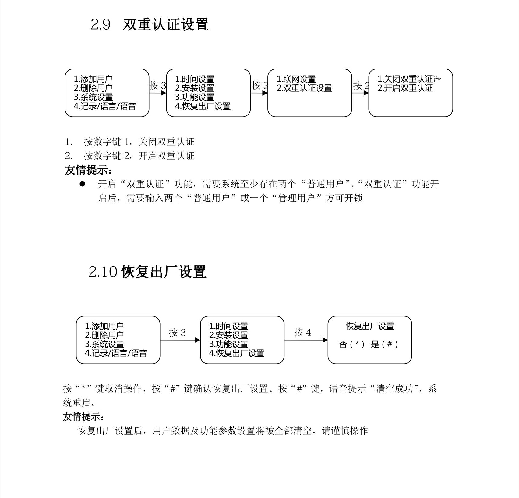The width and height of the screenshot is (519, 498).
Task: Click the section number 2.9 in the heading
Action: click(x=100, y=24)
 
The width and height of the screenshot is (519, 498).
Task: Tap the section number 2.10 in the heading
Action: click(x=103, y=272)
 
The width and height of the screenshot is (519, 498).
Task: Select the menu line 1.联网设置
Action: click(x=296, y=79)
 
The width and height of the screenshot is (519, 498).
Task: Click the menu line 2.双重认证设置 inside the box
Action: click(x=304, y=88)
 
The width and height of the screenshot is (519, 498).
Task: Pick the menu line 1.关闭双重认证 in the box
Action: click(x=405, y=79)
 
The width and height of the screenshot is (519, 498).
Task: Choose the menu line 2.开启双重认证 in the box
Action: click(x=405, y=88)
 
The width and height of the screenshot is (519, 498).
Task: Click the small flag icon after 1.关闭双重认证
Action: click(x=437, y=79)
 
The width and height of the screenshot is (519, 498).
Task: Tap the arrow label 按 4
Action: click(x=302, y=332)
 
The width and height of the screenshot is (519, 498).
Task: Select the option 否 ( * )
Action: click(x=351, y=344)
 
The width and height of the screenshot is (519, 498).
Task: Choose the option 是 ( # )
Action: click(x=384, y=344)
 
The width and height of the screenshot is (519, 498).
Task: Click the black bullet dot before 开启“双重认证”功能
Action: click(x=82, y=184)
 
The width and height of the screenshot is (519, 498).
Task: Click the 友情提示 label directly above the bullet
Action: click(x=88, y=170)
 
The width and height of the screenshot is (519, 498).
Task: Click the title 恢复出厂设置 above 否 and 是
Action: click(x=370, y=326)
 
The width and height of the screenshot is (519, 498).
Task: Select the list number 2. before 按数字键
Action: click(x=69, y=156)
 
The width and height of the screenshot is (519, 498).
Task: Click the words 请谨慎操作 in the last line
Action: click(x=345, y=431)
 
